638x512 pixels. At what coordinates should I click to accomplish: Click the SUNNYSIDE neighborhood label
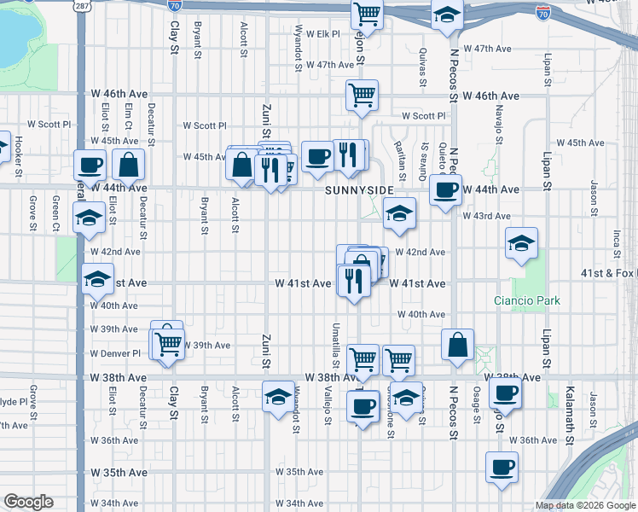click(x=358, y=189)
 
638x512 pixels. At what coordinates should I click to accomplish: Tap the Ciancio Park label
click(x=527, y=300)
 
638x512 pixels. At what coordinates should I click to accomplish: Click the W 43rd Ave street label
click(x=486, y=216)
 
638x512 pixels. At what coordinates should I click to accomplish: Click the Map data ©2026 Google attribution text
click(x=585, y=505)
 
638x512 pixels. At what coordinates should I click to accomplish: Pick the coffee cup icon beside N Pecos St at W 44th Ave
click(x=444, y=189)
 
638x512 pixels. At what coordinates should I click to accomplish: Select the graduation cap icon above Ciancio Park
click(x=521, y=242)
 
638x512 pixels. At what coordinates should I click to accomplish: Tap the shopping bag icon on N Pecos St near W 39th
click(x=458, y=346)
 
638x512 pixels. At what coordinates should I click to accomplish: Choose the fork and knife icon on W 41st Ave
click(x=353, y=279)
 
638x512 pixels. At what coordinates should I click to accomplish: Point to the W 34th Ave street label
click(x=114, y=503)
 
